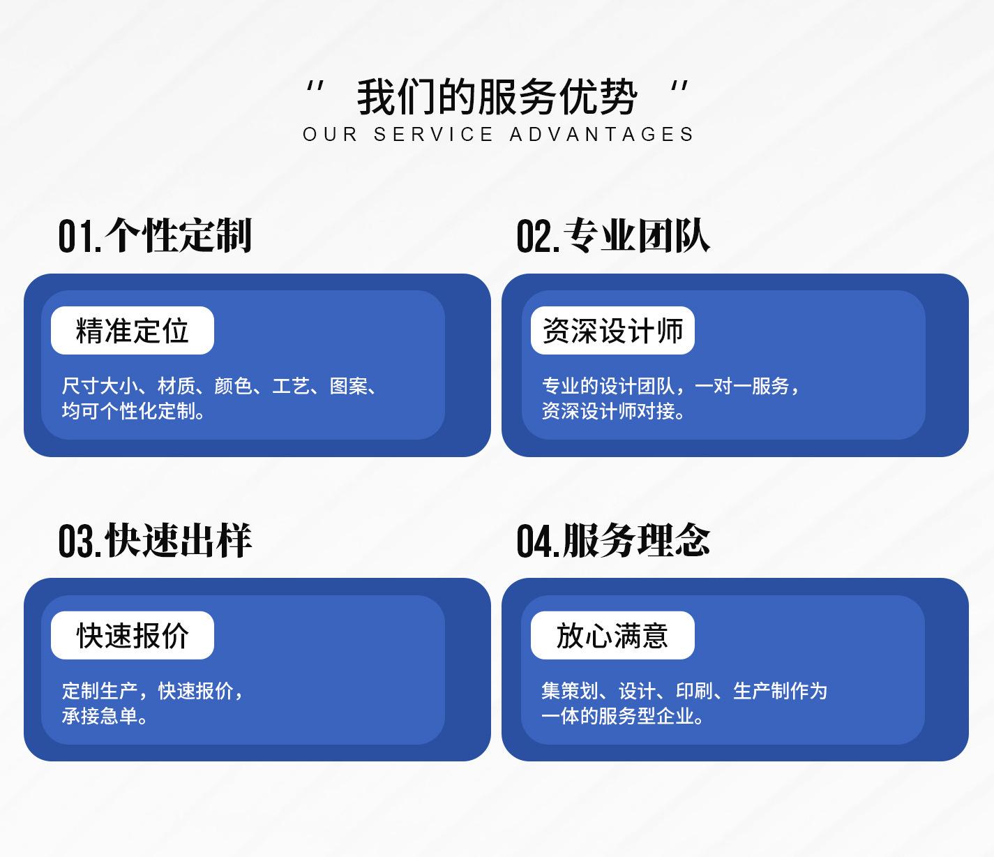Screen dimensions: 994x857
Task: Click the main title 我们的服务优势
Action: click(497, 97)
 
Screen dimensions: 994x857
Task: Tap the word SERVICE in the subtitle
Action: click(433, 134)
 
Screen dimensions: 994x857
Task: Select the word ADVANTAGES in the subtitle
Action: click(601, 134)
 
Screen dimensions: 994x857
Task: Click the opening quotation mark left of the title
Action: click(315, 87)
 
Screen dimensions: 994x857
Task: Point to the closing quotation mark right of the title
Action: click(679, 87)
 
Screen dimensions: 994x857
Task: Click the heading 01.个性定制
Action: click(155, 235)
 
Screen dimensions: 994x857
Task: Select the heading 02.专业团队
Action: click(613, 235)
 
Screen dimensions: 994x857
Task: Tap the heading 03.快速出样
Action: click(155, 540)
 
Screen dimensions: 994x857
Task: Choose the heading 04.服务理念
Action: click(613, 540)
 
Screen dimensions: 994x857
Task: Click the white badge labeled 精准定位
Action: click(133, 331)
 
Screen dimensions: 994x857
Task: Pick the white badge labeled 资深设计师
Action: click(612, 331)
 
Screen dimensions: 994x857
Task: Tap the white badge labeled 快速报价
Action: click(133, 635)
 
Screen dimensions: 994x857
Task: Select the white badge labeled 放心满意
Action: click(612, 635)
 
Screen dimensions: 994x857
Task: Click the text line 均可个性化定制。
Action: click(134, 411)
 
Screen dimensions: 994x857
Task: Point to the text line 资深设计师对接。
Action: click(614, 411)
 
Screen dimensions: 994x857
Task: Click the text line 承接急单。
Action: click(105, 716)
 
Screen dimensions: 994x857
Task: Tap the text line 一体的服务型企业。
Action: click(623, 716)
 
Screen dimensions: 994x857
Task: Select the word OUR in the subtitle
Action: click(330, 134)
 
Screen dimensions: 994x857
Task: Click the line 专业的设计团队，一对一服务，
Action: click(670, 386)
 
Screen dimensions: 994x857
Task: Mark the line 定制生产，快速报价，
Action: click(153, 691)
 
